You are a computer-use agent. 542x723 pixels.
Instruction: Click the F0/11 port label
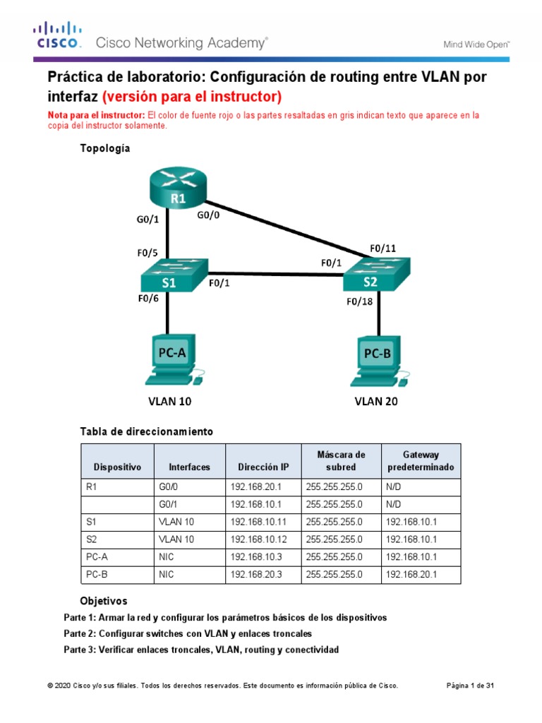383,248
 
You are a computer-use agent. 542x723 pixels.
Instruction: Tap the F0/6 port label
149,298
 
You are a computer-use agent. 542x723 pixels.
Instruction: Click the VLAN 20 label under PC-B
376,402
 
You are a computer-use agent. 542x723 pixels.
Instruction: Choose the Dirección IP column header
263,467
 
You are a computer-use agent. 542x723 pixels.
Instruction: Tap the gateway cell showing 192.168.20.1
410,575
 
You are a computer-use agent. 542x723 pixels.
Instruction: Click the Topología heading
104,148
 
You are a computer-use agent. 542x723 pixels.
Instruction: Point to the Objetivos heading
103,601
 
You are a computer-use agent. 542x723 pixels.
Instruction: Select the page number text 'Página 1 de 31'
471,686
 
